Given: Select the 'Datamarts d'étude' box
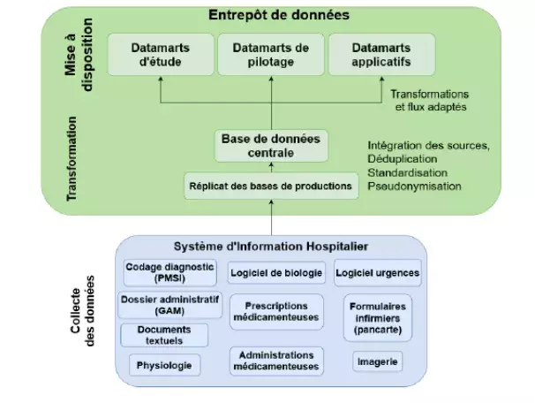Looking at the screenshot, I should [x=160, y=55].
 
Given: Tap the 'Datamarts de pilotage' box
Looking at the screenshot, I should [x=270, y=55].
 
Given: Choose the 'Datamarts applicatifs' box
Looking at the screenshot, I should [x=381, y=55].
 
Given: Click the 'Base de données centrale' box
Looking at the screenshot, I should [x=271, y=146].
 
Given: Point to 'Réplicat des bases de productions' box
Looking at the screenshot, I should [x=271, y=186].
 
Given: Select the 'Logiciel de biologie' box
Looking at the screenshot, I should [x=277, y=272].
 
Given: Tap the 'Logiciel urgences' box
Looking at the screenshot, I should [x=378, y=272].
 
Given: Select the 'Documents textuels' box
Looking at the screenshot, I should [x=164, y=334].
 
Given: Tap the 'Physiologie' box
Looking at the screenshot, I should [x=164, y=363].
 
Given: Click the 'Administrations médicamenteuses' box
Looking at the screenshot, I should [x=277, y=360].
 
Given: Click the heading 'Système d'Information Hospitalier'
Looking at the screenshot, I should [x=270, y=246].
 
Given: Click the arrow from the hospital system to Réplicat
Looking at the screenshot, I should [x=271, y=217].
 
